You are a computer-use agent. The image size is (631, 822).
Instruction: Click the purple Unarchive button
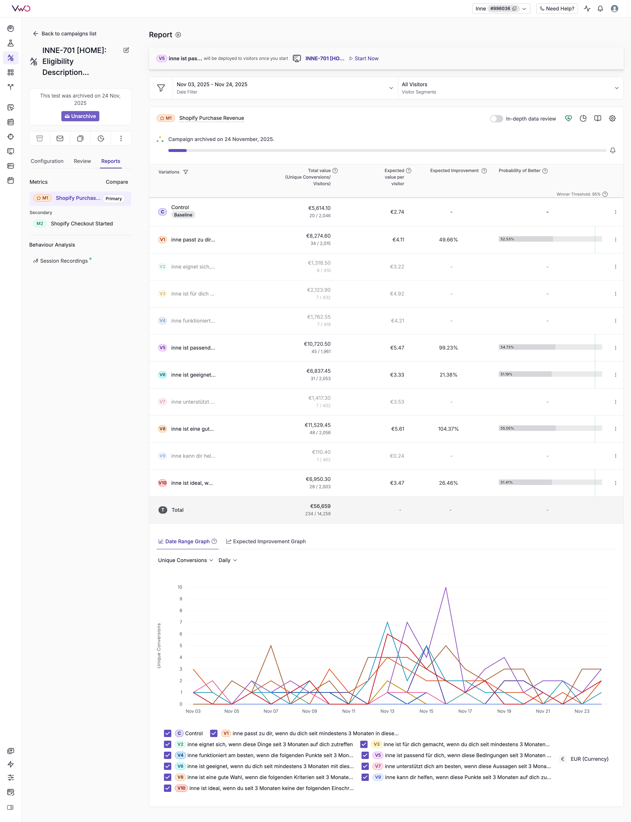(80, 116)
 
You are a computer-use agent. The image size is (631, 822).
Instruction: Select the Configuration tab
(47, 161)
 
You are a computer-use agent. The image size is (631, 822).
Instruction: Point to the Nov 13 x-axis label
(387, 711)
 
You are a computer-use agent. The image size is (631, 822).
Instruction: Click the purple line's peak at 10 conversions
(446, 587)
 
